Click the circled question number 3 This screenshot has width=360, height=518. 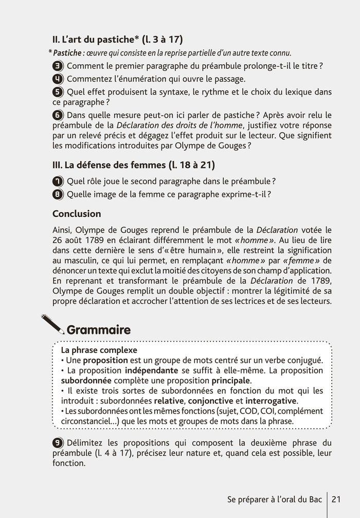(x=58, y=66)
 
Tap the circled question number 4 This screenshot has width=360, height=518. (x=58, y=79)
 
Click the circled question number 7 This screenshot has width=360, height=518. (x=58, y=181)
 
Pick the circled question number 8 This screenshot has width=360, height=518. (x=58, y=194)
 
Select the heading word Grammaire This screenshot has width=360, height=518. (x=99, y=329)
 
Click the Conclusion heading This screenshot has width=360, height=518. (x=77, y=214)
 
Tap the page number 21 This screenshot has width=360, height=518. (x=337, y=499)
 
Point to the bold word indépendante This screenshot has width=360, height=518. (x=149, y=371)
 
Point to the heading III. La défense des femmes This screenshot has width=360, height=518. (x=134, y=165)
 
